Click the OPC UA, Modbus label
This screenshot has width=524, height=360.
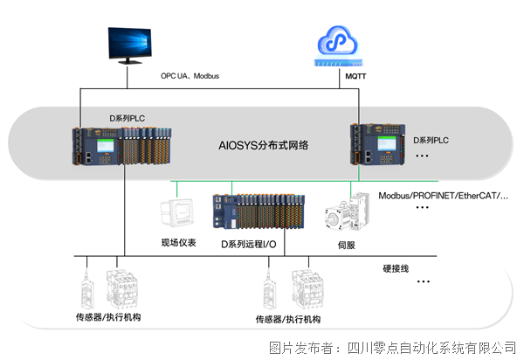(x=190, y=76)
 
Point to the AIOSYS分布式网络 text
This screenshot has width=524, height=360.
(x=263, y=147)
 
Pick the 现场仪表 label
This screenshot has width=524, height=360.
(x=177, y=243)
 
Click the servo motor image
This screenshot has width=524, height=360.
(x=345, y=216)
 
